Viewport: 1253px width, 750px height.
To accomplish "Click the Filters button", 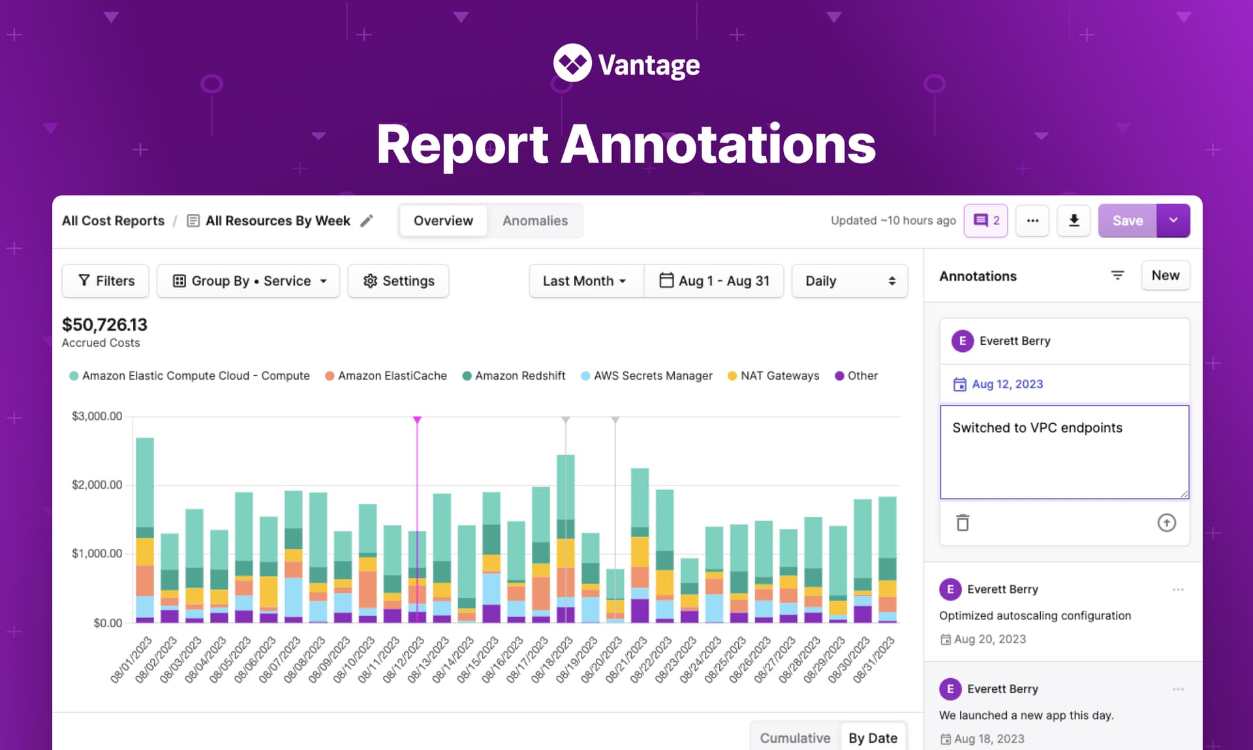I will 106,281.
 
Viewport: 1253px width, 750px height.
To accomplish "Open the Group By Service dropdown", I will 249,281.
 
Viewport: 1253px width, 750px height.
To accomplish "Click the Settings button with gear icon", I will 398,281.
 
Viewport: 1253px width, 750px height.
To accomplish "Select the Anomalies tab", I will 534,221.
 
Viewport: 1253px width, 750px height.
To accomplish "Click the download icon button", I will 1074,221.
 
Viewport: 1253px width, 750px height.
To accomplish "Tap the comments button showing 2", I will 985,221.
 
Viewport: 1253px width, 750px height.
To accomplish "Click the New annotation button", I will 1165,275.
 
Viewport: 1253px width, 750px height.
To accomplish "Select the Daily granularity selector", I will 849,281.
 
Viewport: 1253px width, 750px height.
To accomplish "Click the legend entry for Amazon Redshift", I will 514,376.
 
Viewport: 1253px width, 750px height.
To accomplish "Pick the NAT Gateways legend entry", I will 773,376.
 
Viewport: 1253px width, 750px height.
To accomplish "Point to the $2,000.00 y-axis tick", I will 97,485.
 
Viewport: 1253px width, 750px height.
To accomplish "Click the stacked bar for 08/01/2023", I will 145,529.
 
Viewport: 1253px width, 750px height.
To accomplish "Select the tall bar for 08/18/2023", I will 565,539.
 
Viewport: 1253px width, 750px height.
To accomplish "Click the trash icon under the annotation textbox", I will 963,523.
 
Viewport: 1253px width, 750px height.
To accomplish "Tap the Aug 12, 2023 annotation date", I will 1006,384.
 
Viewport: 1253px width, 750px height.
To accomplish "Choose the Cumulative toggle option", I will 795,738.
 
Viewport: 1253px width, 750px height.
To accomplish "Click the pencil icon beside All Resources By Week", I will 367,221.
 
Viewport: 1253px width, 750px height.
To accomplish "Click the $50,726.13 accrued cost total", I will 104,324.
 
